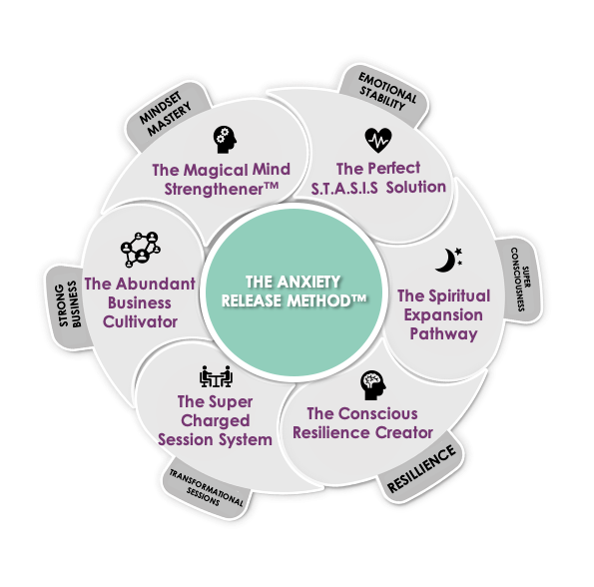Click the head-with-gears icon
pyautogui.click(x=225, y=140)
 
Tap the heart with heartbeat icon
pyautogui.click(x=378, y=140)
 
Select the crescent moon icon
pyautogui.click(x=448, y=260)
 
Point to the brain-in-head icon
pyautogui.click(x=372, y=384)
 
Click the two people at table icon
pyautogui.click(x=216, y=376)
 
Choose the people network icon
pyautogui.click(x=141, y=250)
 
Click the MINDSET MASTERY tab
pyautogui.click(x=167, y=115)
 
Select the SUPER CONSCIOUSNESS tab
pyautogui.click(x=520, y=280)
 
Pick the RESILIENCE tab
pyautogui.click(x=420, y=468)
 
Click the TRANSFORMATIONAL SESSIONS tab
pyautogui.click(x=207, y=487)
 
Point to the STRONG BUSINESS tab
pyautogui.click(x=69, y=305)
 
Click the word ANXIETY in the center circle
pyautogui.click(x=308, y=282)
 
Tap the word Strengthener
pyautogui.click(x=222, y=189)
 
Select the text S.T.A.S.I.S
pyautogui.click(x=344, y=188)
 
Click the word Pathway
pyautogui.click(x=443, y=333)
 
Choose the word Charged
pyautogui.click(x=216, y=421)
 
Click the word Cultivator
pyautogui.click(x=140, y=321)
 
